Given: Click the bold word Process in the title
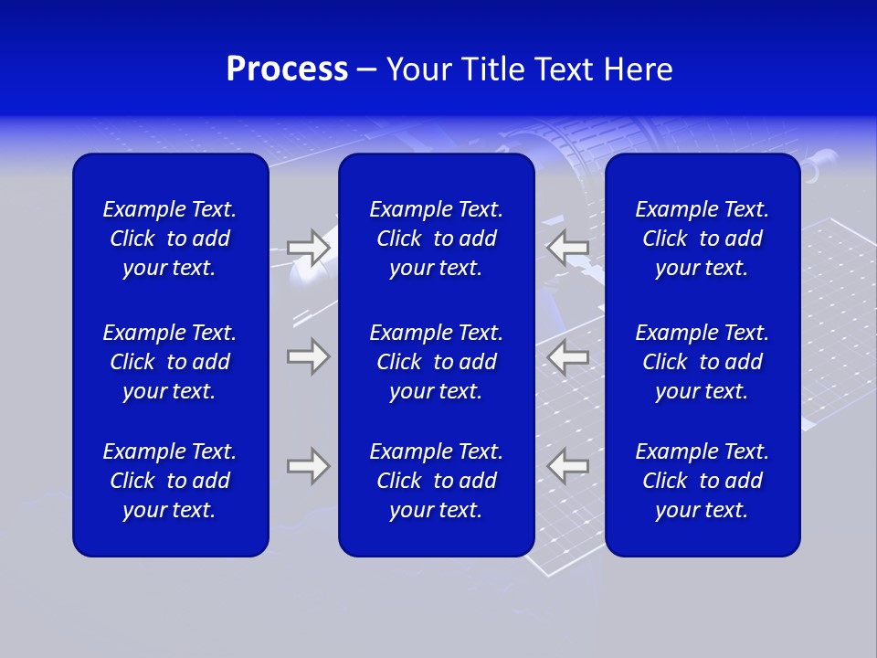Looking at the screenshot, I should (287, 69).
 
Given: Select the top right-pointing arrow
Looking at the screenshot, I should (309, 249).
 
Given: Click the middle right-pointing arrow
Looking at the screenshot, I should (309, 356).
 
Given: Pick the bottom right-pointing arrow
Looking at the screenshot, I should (309, 466).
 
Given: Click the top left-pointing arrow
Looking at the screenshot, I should (567, 249).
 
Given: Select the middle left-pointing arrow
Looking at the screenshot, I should (567, 356).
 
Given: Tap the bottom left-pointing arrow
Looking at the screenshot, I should (567, 466).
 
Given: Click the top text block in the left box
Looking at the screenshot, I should (170, 239).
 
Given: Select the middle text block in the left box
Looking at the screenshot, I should (170, 362).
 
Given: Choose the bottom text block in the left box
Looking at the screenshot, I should (170, 481).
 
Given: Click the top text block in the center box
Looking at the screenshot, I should (437, 239).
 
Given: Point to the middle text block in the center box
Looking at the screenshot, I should (437, 362).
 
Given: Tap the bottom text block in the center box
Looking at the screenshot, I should (437, 481).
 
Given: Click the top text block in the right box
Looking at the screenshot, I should (703, 239).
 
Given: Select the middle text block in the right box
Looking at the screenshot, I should (703, 362).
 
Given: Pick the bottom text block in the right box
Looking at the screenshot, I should (703, 481).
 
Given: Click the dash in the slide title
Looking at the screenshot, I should (367, 70).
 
